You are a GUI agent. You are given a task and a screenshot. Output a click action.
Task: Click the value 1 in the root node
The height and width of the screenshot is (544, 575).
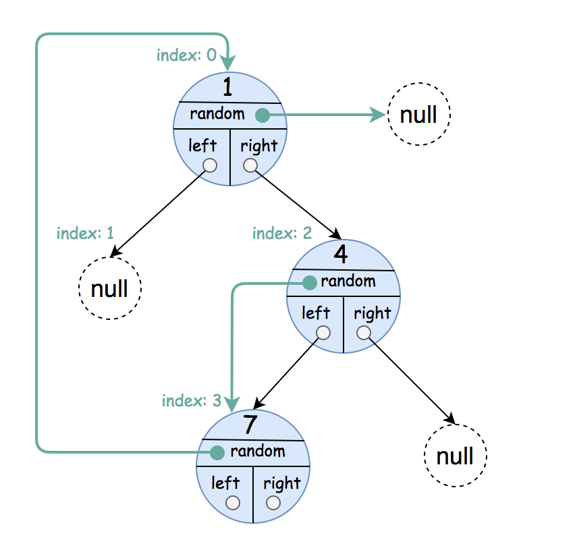click(x=227, y=87)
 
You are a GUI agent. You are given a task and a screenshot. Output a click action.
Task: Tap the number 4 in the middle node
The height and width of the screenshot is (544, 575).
click(x=341, y=254)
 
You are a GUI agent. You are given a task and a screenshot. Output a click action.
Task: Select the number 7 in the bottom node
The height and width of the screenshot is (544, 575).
click(x=250, y=424)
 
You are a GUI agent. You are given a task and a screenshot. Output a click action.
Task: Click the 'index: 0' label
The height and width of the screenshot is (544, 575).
click(x=186, y=55)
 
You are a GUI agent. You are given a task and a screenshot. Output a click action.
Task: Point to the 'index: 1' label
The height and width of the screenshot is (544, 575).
click(x=85, y=233)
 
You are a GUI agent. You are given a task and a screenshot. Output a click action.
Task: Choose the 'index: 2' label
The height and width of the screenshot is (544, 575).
click(x=282, y=233)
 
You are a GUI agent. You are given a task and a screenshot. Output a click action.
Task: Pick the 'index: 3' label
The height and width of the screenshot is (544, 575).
click(x=192, y=400)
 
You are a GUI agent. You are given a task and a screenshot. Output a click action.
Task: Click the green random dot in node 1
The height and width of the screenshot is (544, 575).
click(x=263, y=115)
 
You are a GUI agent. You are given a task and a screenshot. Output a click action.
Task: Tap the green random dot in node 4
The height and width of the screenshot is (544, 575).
click(x=310, y=282)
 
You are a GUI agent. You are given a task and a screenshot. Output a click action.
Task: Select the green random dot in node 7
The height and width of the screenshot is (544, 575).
click(x=217, y=453)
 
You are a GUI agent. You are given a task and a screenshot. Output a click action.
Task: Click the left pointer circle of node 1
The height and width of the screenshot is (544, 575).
click(x=210, y=165)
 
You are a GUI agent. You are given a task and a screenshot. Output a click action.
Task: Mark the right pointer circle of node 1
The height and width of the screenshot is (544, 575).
click(x=250, y=165)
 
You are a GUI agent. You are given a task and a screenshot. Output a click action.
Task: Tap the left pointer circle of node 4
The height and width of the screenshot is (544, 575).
click(x=323, y=333)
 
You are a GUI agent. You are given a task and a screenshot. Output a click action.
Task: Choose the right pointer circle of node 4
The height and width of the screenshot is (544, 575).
click(x=363, y=333)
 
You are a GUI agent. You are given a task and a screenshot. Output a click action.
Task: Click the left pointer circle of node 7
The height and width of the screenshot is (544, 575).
click(x=233, y=503)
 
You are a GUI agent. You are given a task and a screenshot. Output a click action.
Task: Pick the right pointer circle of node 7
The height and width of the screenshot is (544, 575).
click(x=273, y=503)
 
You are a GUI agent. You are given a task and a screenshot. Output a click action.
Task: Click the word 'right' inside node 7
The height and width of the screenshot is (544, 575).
click(x=281, y=483)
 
